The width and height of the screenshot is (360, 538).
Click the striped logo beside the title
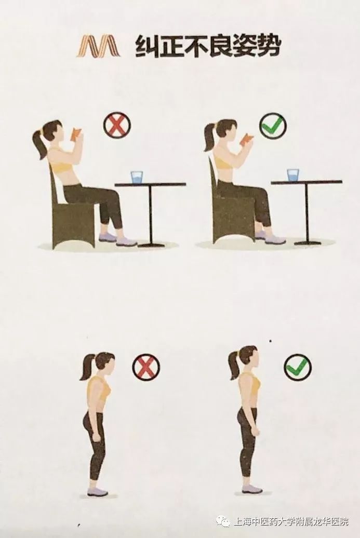(99, 47)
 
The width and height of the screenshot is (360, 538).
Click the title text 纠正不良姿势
(208, 47)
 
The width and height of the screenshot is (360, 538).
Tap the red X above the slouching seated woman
(117, 125)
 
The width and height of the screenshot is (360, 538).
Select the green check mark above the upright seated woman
(273, 126)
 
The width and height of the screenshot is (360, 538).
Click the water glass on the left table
(137, 177)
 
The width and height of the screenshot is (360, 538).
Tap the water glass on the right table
(294, 174)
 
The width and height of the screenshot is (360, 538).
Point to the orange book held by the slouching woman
(76, 134)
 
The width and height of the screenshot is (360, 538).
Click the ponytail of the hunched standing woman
(86, 368)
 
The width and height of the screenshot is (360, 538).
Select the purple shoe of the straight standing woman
(252, 489)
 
